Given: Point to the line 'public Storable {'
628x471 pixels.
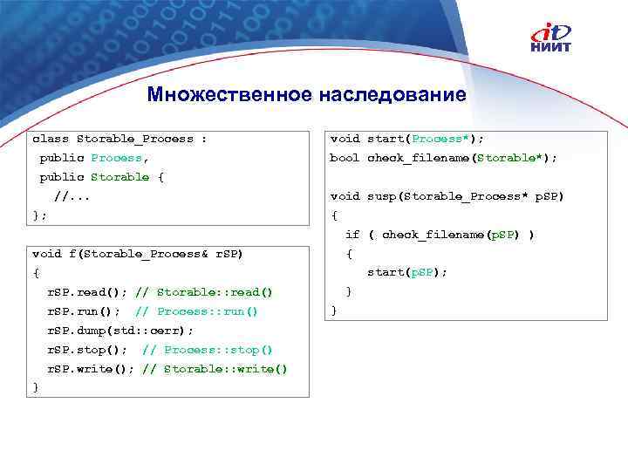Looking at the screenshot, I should (x=101, y=177).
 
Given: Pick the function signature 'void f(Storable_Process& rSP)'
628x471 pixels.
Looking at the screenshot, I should (x=137, y=254).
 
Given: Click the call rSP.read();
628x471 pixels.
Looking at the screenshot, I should (x=87, y=292).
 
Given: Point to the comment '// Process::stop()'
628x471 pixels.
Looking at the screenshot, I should (x=207, y=350).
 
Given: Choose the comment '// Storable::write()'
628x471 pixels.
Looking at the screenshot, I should (x=214, y=369).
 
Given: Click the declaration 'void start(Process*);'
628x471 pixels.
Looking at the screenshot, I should (x=406, y=139).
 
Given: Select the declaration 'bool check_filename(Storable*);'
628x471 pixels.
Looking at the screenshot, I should (x=443, y=158).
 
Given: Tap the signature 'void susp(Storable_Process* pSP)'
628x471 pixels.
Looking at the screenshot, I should (x=447, y=196).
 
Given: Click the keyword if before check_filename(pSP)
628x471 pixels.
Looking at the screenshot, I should (x=352, y=235).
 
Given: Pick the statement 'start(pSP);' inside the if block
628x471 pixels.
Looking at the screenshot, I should (x=406, y=273).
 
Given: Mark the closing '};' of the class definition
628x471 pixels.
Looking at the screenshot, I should (x=39, y=215).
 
